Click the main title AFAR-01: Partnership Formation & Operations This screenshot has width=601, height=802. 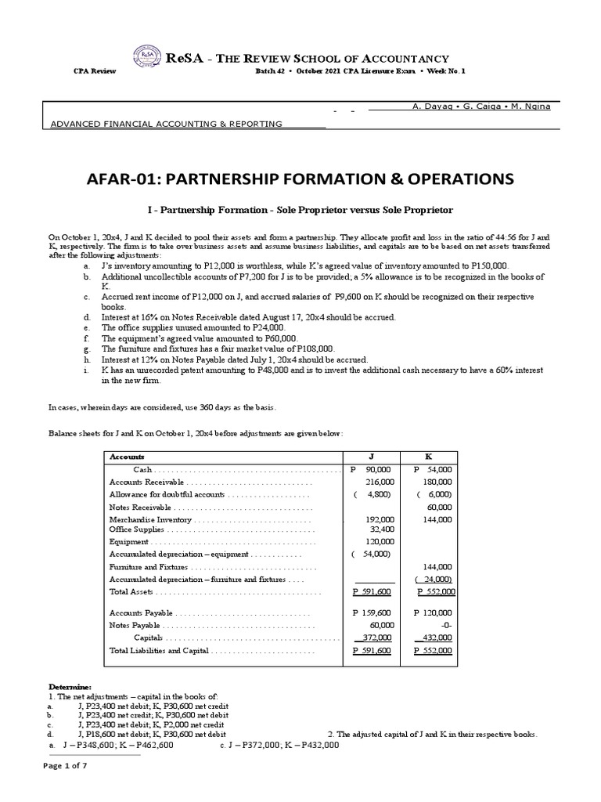pos(300,179)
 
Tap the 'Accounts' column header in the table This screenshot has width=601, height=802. pos(127,457)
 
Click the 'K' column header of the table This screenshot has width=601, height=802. pos(428,457)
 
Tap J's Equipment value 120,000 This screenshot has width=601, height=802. pos(380,541)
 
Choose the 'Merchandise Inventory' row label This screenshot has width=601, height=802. pos(149,519)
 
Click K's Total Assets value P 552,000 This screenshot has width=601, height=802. pos(434,592)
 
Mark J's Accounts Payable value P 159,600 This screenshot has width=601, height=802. pos(372,613)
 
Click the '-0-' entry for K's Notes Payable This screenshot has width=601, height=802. pos(444,626)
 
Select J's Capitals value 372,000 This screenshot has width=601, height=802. pos(376,638)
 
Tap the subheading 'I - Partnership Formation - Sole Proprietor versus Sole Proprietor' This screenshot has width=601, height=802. pos(300,211)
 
